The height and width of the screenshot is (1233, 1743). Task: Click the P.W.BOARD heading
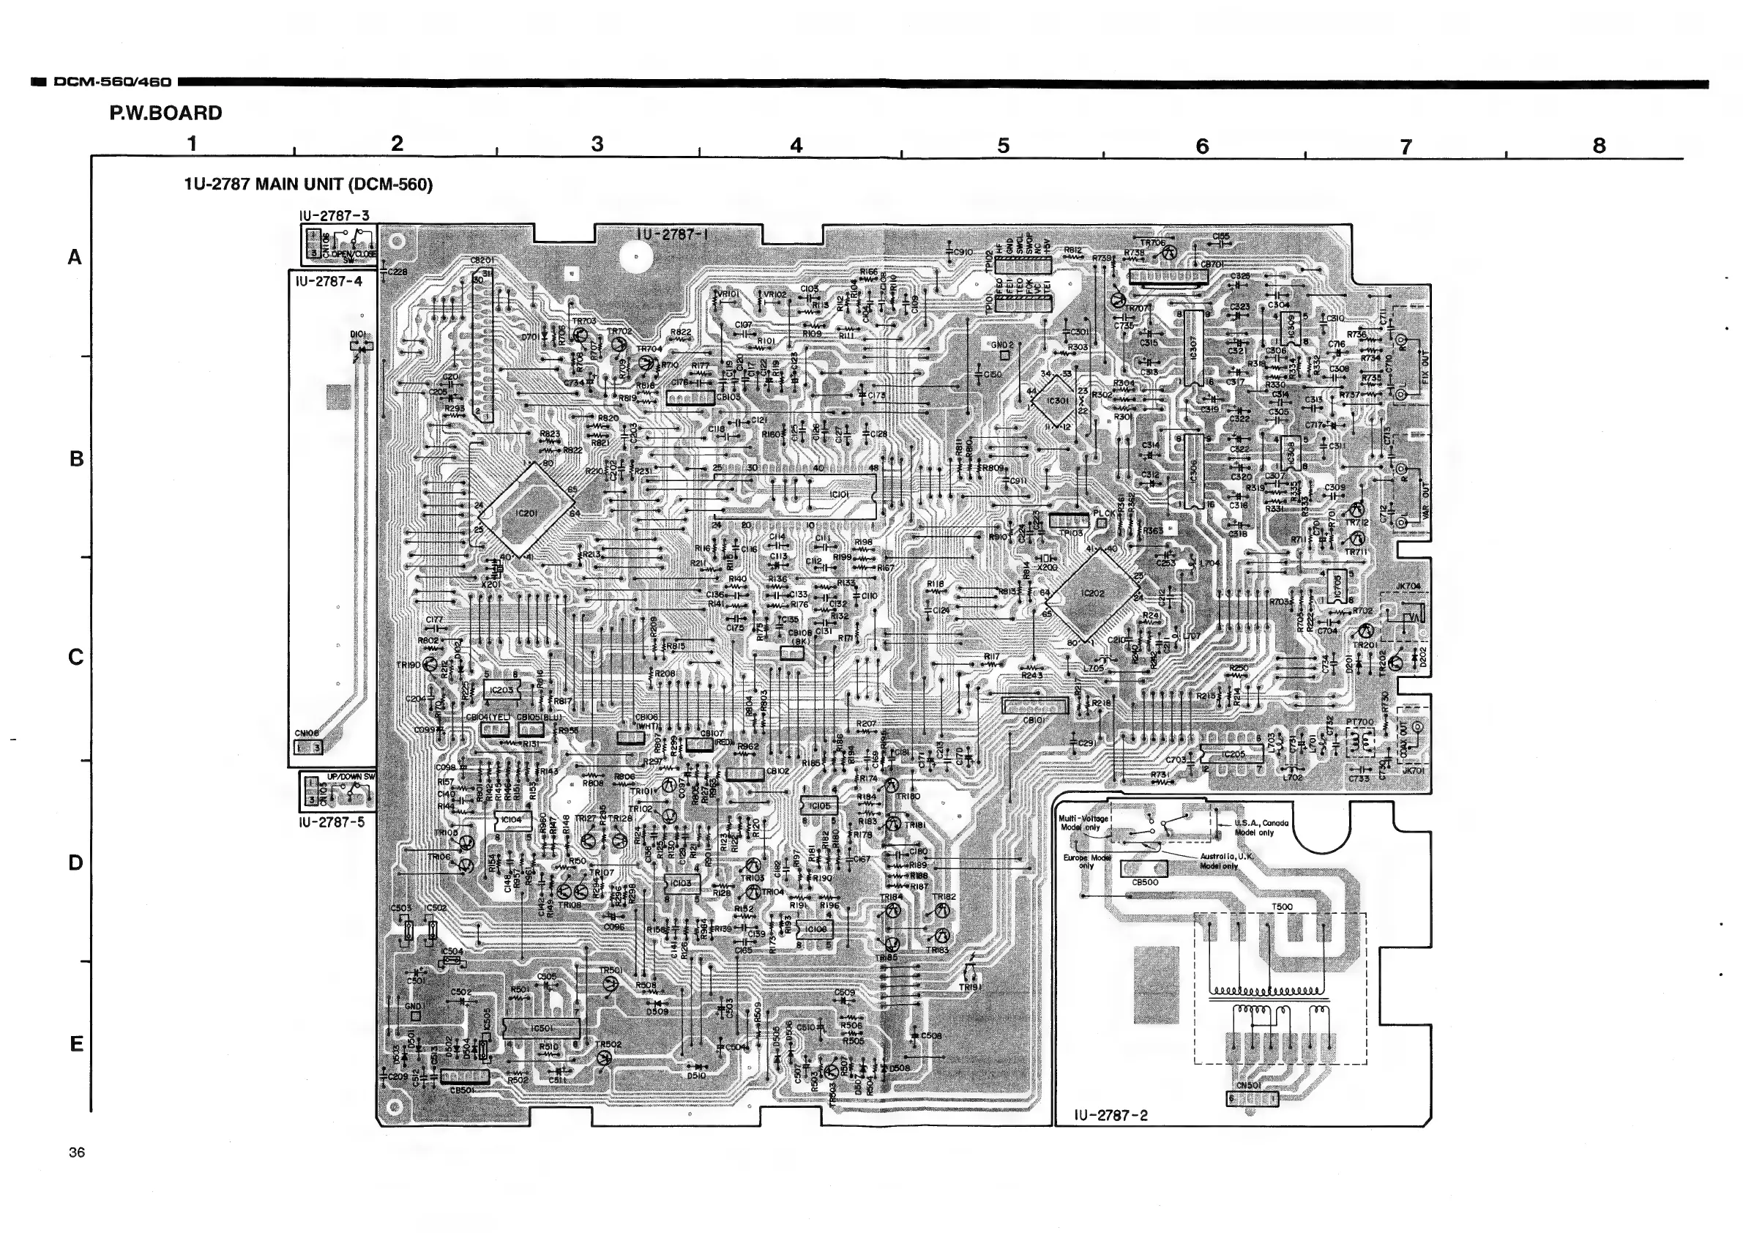(x=165, y=113)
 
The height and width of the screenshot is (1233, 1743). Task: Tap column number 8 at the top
(x=1599, y=145)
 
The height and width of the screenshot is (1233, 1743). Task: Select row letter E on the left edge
(x=76, y=1044)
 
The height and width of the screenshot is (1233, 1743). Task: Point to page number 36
(x=77, y=1152)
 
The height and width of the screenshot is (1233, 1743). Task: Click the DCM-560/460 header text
(x=112, y=81)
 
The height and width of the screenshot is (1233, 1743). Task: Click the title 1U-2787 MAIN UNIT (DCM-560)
(x=308, y=185)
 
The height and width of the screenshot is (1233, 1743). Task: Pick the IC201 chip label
(x=526, y=513)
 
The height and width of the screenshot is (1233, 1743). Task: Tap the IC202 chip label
(x=1091, y=593)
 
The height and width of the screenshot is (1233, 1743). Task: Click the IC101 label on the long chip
(x=839, y=494)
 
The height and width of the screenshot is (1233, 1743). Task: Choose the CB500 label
(x=1145, y=882)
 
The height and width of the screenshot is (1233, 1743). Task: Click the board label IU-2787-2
(x=1111, y=1115)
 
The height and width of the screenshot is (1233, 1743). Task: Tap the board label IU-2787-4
(x=329, y=281)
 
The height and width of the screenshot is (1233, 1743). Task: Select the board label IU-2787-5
(x=332, y=822)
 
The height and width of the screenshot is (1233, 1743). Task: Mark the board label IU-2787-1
(x=672, y=234)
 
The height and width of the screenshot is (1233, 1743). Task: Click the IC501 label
(x=541, y=1028)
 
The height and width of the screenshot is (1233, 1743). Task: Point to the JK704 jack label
(x=1408, y=586)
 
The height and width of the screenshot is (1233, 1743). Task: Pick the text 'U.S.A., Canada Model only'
(x=1261, y=827)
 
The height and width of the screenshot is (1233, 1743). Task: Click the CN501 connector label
(x=1249, y=1085)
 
